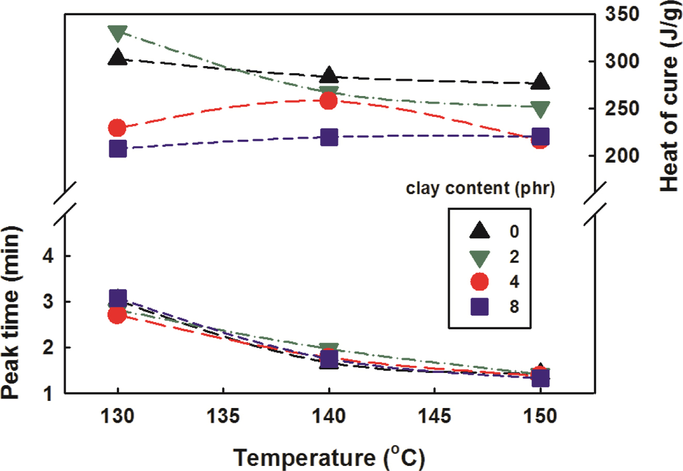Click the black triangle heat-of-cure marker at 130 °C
pyautogui.click(x=118, y=57)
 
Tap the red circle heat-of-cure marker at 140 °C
pyautogui.click(x=328, y=100)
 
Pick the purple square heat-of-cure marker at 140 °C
pyautogui.click(x=329, y=137)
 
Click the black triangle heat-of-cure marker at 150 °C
pyautogui.click(x=540, y=82)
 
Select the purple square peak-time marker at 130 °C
pyautogui.click(x=118, y=298)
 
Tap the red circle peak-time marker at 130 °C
pyautogui.click(x=117, y=315)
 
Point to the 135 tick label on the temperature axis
pyautogui.click(x=224, y=417)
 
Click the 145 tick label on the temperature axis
pyautogui.click(x=435, y=417)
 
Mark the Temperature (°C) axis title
pyautogui.click(x=329, y=457)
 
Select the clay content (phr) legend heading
pyautogui.click(x=480, y=189)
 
